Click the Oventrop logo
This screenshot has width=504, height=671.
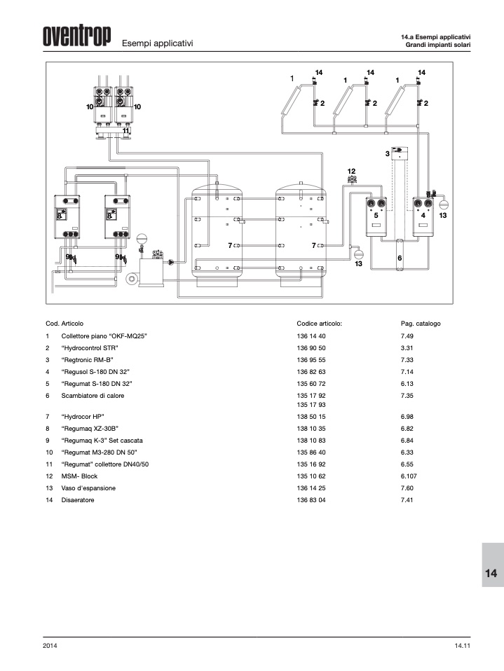[76, 36]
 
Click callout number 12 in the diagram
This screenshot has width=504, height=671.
[351, 171]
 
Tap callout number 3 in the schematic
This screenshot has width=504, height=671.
[387, 153]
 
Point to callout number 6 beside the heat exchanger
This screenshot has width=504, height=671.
[400, 258]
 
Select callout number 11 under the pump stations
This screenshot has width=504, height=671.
[126, 130]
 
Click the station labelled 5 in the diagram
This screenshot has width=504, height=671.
[376, 216]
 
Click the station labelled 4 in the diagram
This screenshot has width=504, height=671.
[423, 216]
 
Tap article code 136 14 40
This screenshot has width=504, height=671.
[311, 336]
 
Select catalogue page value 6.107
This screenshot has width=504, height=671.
[409, 476]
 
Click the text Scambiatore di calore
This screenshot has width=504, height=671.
[93, 396]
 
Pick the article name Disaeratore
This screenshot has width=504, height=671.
[78, 500]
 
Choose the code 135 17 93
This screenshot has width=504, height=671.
[311, 405]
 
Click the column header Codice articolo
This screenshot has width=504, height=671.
[319, 324]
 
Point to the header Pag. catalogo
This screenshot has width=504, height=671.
[421, 324]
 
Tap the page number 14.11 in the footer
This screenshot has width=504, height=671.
[463, 646]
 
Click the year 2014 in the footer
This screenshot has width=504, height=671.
[50, 646]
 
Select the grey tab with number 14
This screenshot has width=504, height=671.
[493, 565]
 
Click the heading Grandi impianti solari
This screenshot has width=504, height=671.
[438, 45]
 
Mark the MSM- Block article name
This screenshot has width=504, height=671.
[79, 476]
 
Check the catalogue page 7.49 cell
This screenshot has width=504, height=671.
[407, 336]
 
